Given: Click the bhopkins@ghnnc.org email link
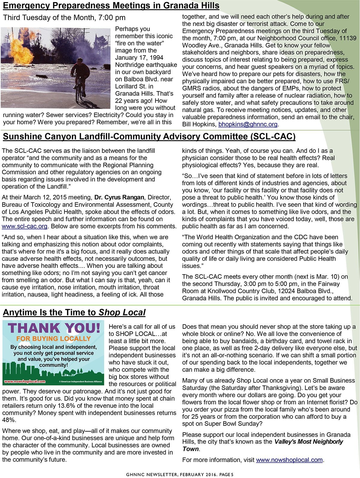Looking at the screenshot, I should [248, 124].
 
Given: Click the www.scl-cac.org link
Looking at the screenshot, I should [24, 226].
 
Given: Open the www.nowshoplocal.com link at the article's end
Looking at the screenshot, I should [289, 460].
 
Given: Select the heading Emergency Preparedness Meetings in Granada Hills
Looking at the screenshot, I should [111, 6].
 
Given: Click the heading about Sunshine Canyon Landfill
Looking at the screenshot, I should [149, 136].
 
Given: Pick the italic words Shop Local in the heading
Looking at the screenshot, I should [122, 312].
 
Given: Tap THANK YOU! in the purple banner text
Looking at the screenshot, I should [54, 328].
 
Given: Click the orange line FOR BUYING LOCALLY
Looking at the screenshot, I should [54, 339].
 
